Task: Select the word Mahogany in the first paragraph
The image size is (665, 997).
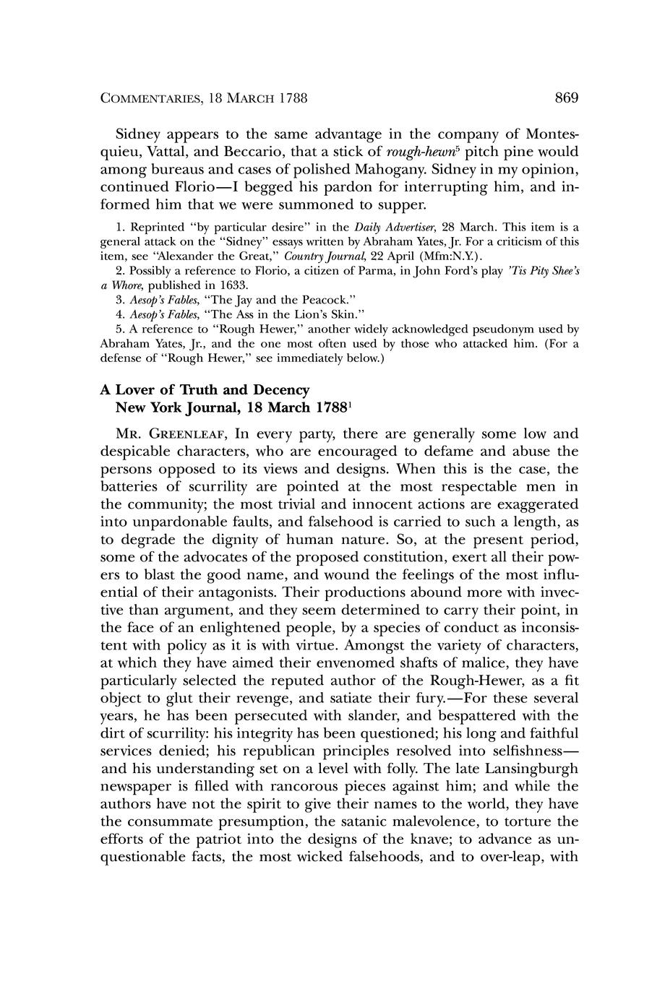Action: point(391,171)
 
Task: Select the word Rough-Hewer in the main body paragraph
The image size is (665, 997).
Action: point(484,681)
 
